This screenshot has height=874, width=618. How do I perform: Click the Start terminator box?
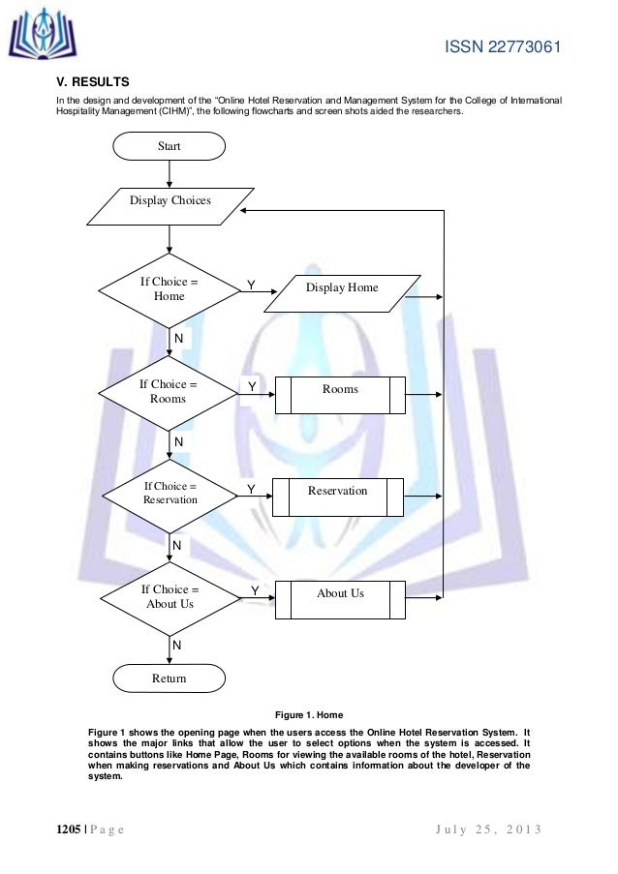(x=170, y=146)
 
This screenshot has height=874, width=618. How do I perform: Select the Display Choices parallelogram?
(x=170, y=201)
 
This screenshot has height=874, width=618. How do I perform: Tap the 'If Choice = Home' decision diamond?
(x=170, y=288)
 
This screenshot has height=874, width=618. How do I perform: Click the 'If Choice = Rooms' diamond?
(x=170, y=391)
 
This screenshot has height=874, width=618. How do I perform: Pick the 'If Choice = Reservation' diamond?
(x=170, y=493)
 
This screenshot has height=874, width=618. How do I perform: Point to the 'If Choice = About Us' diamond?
(x=170, y=596)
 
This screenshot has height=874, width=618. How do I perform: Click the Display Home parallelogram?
(x=342, y=288)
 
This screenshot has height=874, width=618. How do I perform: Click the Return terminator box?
(x=170, y=678)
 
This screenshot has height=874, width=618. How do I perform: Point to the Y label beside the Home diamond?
(x=250, y=286)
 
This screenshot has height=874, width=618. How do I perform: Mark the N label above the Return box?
(x=176, y=644)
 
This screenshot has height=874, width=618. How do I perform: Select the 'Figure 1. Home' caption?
(x=310, y=715)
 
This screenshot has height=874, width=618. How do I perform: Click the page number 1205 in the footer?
(x=56, y=830)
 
